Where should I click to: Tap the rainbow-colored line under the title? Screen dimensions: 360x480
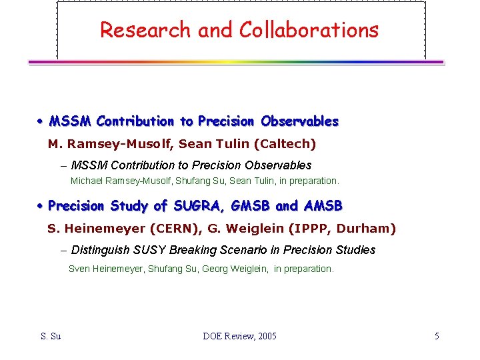pos(235,62)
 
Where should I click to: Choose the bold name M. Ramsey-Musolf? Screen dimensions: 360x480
pos(107,143)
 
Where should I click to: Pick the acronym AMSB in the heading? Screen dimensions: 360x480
pos(323,206)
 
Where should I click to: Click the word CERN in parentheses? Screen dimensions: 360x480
pos(169,229)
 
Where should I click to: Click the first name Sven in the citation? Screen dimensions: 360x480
pos(79,269)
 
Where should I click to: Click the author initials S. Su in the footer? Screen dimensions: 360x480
pos(50,336)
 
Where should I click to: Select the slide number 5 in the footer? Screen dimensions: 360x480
pos(437,336)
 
